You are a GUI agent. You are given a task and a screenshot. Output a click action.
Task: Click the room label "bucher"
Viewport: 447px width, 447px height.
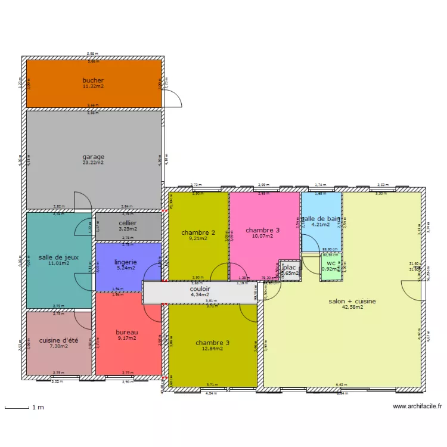click(93, 80)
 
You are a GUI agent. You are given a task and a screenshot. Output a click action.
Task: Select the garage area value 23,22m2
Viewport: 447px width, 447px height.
click(93, 162)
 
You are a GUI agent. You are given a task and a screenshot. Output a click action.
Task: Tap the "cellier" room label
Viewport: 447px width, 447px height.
click(128, 223)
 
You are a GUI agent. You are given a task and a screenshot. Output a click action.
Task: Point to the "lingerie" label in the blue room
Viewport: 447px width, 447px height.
click(126, 262)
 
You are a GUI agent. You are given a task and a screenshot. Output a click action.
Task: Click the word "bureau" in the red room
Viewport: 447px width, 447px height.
click(127, 332)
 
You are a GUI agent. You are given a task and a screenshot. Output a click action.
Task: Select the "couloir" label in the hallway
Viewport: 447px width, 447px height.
click(200, 288)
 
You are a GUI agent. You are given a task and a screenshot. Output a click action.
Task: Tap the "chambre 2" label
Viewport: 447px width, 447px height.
click(198, 232)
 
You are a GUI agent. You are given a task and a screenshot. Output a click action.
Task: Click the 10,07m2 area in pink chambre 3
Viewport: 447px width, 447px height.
click(263, 236)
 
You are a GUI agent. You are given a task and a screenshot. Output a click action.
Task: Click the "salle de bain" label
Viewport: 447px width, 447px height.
click(321, 219)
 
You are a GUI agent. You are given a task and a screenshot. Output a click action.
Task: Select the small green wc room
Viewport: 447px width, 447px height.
click(331, 265)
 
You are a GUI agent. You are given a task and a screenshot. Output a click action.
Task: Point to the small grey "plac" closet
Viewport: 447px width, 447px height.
click(290, 270)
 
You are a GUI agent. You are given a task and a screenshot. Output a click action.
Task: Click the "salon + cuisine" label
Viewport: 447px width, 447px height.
click(352, 301)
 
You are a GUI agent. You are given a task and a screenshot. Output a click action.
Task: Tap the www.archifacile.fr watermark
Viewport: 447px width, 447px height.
click(417, 406)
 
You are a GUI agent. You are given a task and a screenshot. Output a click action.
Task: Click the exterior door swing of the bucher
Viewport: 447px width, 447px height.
click(173, 99)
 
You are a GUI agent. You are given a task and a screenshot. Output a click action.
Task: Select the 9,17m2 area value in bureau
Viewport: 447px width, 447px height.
click(127, 338)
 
